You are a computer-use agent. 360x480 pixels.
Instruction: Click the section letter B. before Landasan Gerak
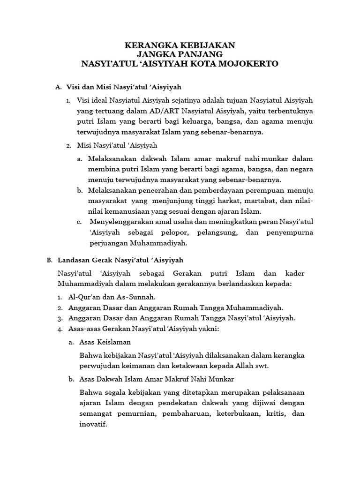point(49,260)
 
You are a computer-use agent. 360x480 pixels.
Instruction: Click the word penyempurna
point(289,232)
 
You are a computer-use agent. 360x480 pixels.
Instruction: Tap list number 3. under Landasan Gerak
point(60,318)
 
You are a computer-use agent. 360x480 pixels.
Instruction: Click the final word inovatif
point(93,425)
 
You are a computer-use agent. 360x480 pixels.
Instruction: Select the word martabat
point(261,201)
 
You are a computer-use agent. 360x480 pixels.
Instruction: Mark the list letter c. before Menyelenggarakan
point(79,221)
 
